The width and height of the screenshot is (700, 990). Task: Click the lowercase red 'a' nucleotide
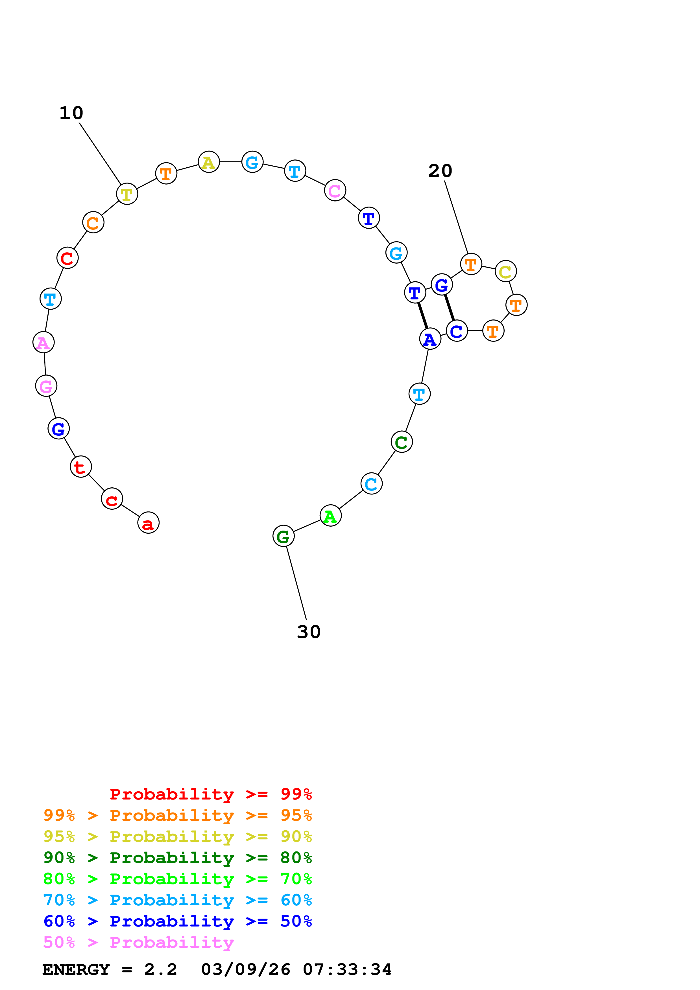(x=148, y=523)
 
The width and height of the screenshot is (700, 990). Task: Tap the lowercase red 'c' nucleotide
(x=112, y=499)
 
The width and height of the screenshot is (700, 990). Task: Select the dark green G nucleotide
(x=284, y=536)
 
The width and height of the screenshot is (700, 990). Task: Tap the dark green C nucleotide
(x=402, y=442)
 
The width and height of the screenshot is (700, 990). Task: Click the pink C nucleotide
(x=335, y=190)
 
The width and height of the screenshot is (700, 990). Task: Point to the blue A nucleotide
(x=430, y=339)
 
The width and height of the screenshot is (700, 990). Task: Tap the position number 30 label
(x=309, y=632)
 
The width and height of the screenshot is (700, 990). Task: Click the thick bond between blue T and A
(x=423, y=316)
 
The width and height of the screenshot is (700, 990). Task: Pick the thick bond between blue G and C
(x=450, y=308)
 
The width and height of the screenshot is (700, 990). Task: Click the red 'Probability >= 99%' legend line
(x=210, y=794)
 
